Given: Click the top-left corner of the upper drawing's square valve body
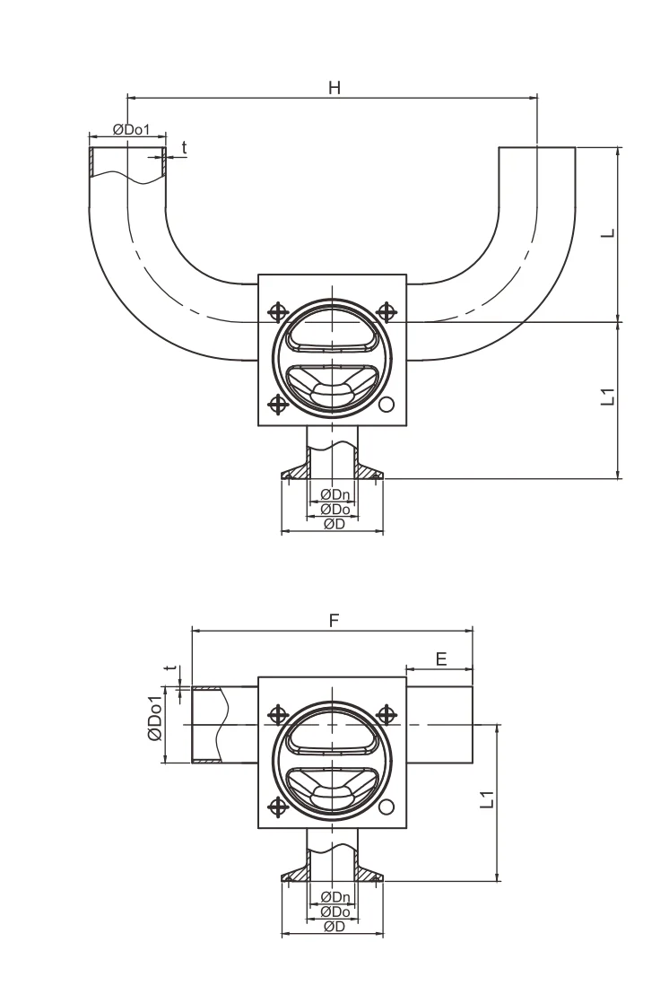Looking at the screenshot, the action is click(x=258, y=275).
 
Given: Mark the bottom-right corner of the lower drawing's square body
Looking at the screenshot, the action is click(x=406, y=828).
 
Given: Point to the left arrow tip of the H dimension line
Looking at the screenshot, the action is click(x=128, y=98).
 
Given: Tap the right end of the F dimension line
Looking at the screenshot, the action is click(x=473, y=631).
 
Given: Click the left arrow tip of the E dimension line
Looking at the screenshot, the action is click(x=407, y=670).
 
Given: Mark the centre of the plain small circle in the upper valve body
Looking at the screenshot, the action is click(x=387, y=405).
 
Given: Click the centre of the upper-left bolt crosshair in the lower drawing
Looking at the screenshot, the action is click(x=278, y=714).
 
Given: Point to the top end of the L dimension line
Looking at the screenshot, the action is click(x=619, y=148).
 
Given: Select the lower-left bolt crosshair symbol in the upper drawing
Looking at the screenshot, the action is click(x=278, y=405).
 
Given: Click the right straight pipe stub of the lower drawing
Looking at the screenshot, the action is click(x=439, y=725).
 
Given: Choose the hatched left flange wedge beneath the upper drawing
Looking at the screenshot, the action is click(x=295, y=469).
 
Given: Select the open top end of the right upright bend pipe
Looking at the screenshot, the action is click(x=537, y=148).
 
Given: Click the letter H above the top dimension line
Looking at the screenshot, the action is click(x=334, y=88).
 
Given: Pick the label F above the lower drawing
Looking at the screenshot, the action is click(x=334, y=620).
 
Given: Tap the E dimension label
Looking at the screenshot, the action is click(x=441, y=658).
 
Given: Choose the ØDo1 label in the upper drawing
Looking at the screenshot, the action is click(x=131, y=129).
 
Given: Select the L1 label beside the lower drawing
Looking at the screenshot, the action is click(x=487, y=799).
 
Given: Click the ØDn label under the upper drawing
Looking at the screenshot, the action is click(x=335, y=493).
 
